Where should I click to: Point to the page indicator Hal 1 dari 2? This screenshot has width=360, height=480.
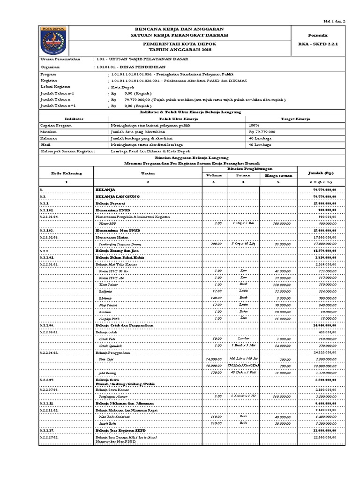click(336, 22)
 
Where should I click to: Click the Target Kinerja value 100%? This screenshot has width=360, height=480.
click(255, 126)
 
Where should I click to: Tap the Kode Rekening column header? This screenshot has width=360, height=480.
click(67, 172)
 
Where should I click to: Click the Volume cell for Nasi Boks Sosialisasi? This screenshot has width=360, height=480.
click(216, 416)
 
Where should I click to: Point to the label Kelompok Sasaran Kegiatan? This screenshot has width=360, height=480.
click(68, 152)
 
